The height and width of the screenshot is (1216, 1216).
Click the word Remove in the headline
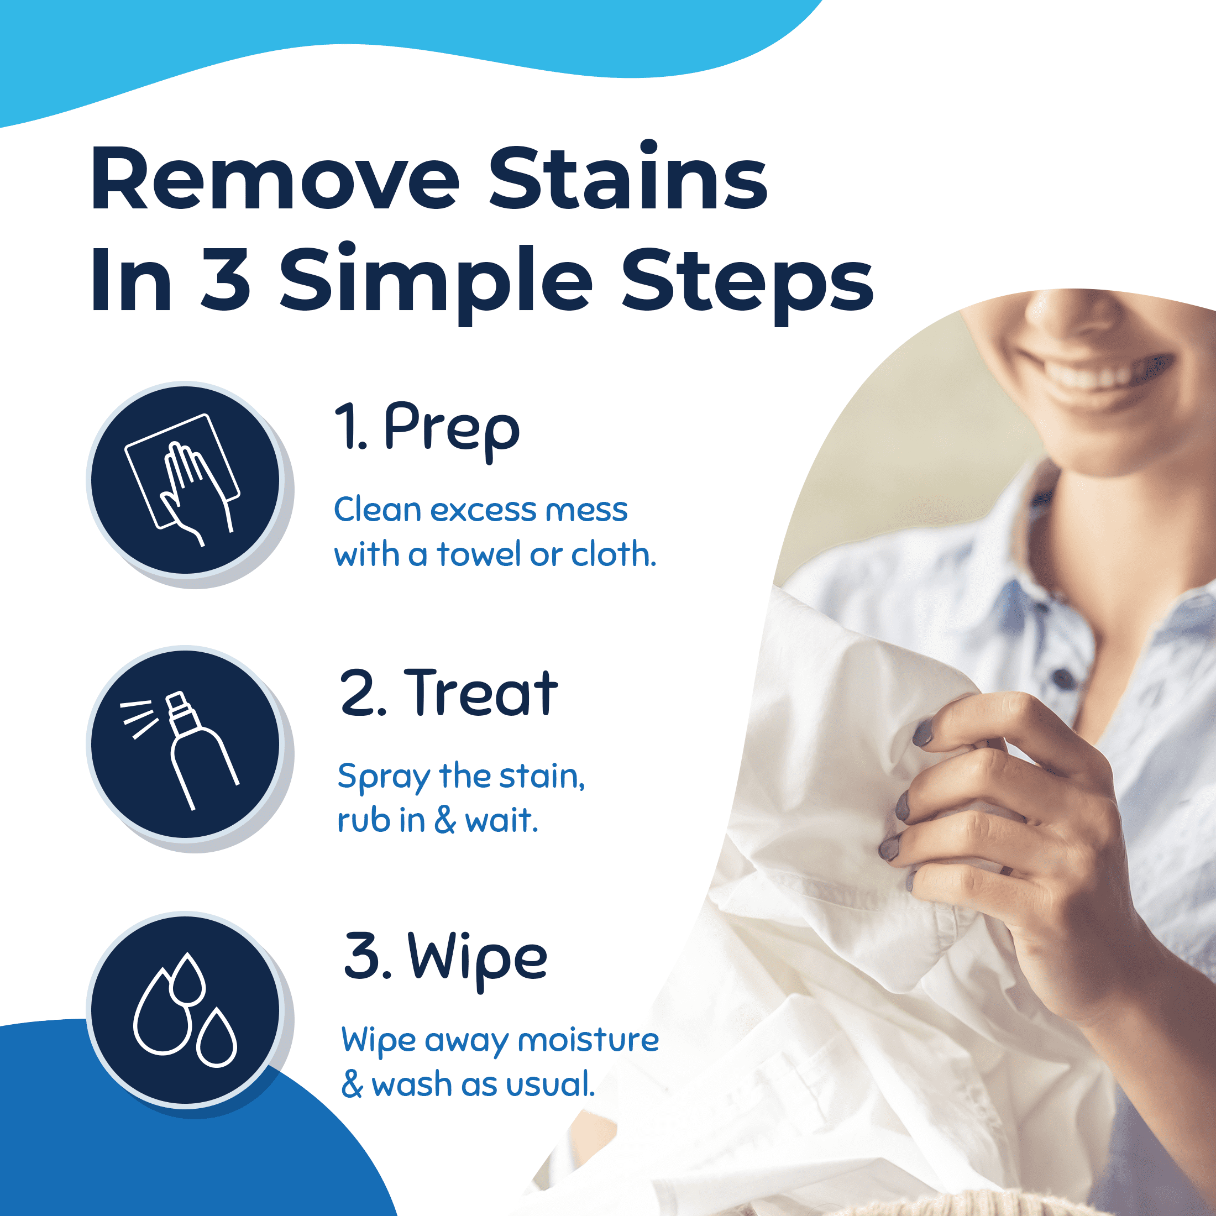(275, 178)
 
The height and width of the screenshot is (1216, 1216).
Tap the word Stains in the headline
(628, 176)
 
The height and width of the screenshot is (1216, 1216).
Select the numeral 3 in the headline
(226, 279)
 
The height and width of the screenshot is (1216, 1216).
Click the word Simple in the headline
(436, 284)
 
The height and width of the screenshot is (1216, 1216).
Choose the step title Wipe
(478, 959)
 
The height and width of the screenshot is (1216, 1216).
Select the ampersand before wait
(445, 821)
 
